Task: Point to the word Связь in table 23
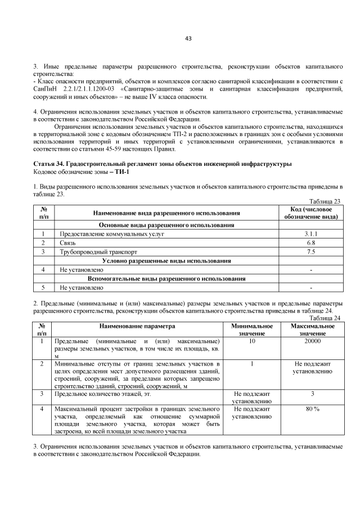[68, 242]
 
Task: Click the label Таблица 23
[326, 201]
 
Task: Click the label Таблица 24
[326, 318]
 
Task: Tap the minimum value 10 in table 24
[252, 341]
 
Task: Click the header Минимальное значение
[252, 330]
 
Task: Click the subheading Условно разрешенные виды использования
[166, 260]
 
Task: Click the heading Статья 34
[49, 164]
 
